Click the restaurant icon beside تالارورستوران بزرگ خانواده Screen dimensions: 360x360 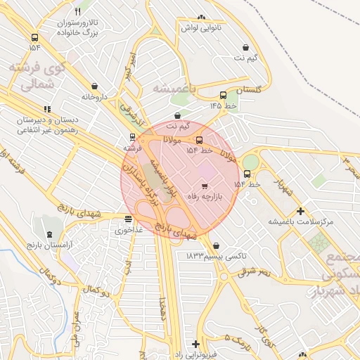(77, 12)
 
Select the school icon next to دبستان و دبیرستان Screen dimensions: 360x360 (47, 109)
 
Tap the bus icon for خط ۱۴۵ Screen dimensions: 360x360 (223, 95)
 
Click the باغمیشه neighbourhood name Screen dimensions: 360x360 (173, 88)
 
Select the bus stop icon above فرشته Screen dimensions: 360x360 (132, 138)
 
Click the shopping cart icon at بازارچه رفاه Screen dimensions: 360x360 (204, 186)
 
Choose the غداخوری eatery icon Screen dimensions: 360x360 (127, 219)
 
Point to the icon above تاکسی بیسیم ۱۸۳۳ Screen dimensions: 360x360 (215, 245)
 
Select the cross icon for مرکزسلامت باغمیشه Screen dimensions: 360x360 (300, 210)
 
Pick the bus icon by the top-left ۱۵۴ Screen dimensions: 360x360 (34, 37)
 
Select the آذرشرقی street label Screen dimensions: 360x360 (131, 108)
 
